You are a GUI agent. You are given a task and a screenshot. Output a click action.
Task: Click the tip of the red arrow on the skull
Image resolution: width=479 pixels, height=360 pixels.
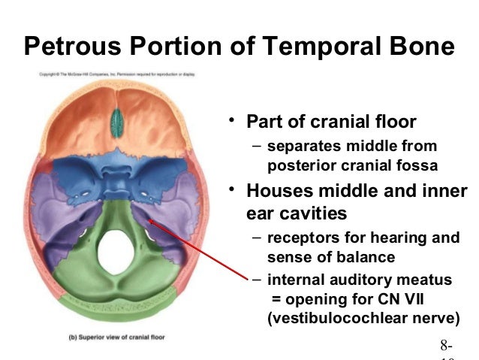[150, 219]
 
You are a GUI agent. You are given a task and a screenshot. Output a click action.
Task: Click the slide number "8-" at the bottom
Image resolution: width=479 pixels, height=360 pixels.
[447, 346]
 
